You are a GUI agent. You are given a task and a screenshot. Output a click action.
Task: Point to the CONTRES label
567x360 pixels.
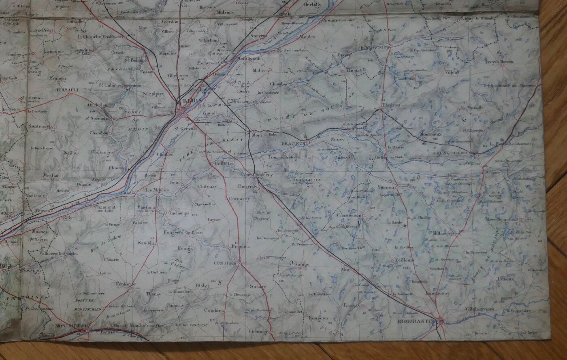225,263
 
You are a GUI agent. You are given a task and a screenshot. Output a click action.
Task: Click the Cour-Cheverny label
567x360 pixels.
257,175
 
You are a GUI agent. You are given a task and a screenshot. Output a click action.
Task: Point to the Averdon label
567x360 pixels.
169,21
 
